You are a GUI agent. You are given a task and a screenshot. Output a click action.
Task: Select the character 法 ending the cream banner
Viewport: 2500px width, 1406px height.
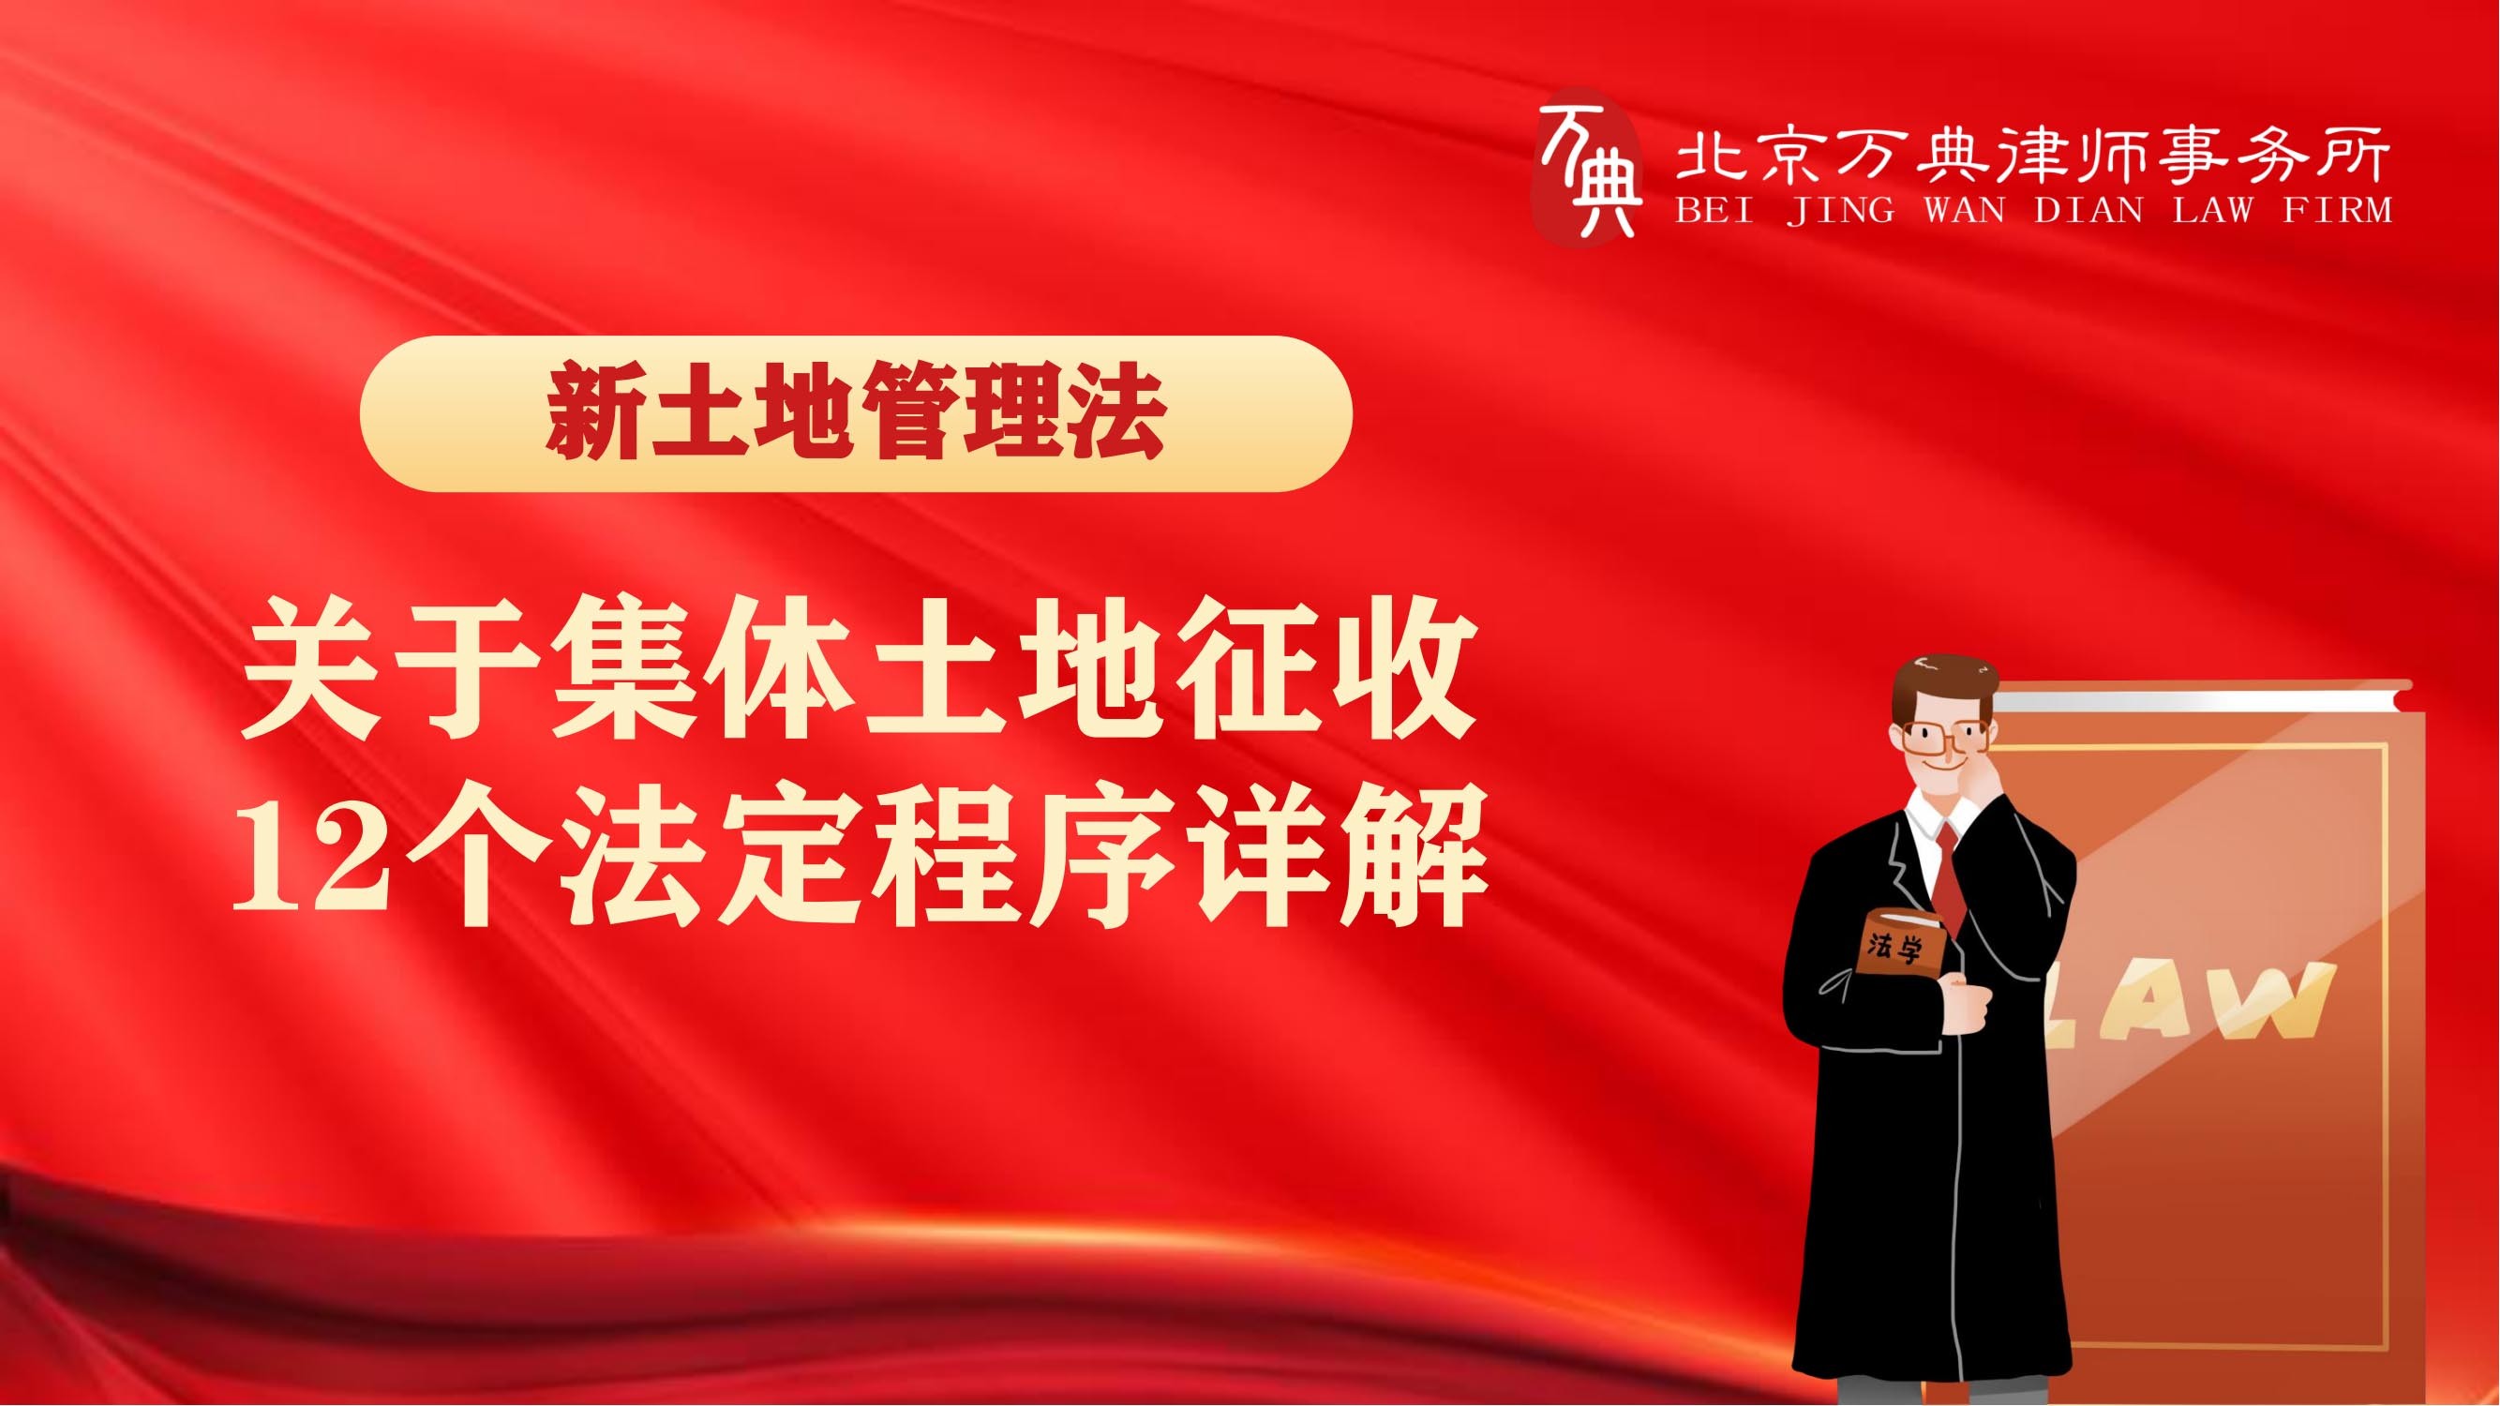1116,414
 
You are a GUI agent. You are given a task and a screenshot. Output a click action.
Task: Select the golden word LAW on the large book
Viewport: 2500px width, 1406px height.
2223,1004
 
